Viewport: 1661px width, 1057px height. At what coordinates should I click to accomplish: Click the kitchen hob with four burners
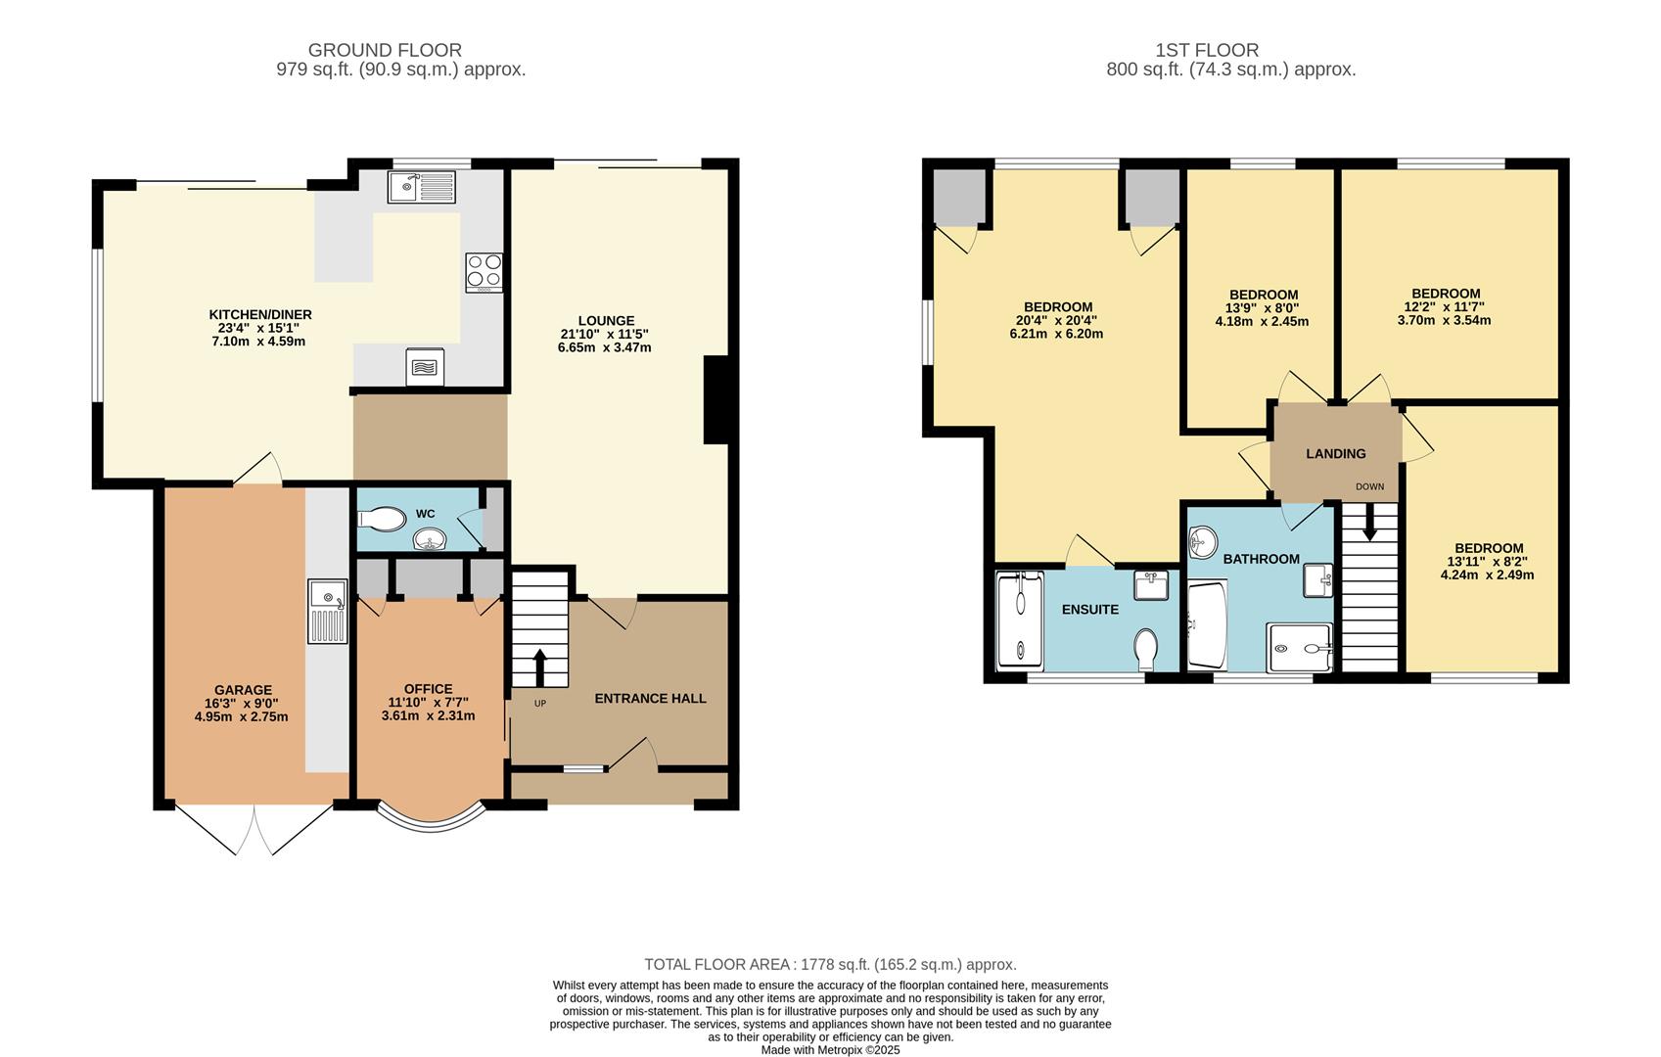(484, 272)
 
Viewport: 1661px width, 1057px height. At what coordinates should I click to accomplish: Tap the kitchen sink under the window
(421, 186)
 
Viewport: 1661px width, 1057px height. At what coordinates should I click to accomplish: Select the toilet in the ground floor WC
(383, 518)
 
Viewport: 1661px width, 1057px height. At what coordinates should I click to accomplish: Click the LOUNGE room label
(606, 321)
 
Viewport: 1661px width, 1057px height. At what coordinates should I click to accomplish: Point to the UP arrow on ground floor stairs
(539, 668)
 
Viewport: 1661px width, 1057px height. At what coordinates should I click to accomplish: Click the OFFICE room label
(429, 689)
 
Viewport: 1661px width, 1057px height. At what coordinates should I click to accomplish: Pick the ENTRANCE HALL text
(650, 699)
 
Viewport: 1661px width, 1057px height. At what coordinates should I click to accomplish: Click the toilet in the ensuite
(1146, 648)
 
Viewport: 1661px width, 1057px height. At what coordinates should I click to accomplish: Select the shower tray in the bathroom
(1300, 648)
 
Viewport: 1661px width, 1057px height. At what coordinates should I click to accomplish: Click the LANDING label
(1335, 454)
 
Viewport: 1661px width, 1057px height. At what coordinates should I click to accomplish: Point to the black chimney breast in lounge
(716, 400)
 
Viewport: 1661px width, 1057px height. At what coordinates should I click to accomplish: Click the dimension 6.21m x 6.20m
(1056, 334)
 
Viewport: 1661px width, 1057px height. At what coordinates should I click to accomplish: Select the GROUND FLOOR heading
(385, 50)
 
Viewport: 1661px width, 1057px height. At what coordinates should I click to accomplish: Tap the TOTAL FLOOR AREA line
(830, 965)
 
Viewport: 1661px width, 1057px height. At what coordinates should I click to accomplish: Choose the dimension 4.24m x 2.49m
(1487, 575)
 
